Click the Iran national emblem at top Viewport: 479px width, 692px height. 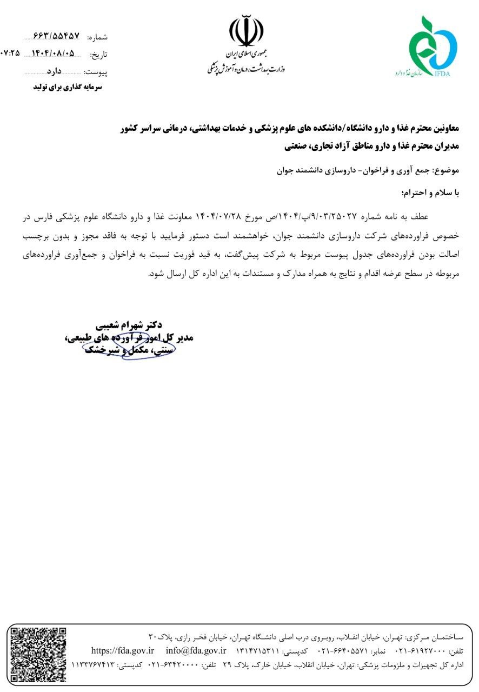tap(247, 33)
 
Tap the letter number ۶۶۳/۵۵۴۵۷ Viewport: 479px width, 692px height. tap(56, 36)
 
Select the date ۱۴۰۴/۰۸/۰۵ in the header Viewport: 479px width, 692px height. tap(54, 54)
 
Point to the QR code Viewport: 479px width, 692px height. tap(38, 654)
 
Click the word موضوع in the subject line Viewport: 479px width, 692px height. tap(447, 170)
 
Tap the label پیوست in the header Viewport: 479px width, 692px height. tap(96, 71)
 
